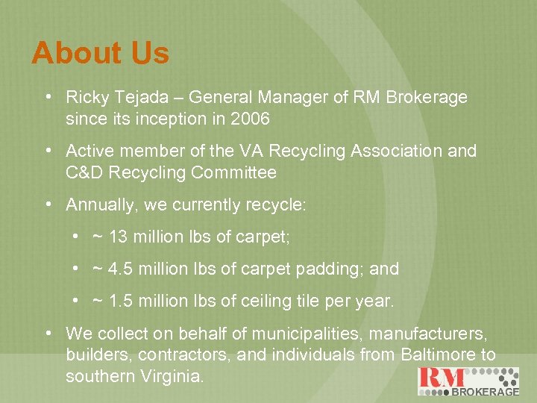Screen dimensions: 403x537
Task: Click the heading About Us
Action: (101, 53)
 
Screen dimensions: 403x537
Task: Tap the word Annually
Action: (98, 204)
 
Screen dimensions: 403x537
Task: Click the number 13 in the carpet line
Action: (118, 237)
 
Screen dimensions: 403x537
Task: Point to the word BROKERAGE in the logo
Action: (486, 391)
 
